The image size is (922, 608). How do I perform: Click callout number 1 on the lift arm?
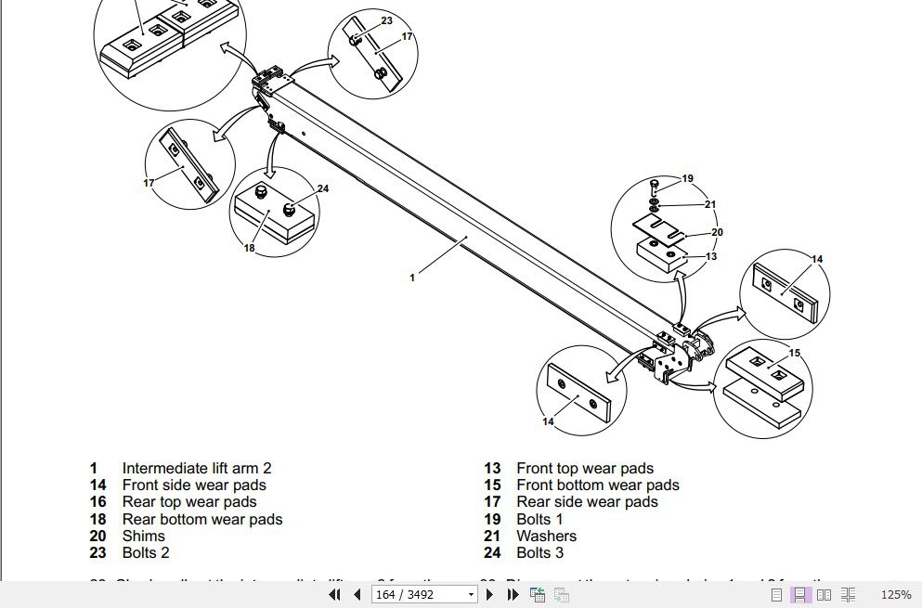click(x=412, y=277)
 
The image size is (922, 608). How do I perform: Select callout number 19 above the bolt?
click(x=687, y=178)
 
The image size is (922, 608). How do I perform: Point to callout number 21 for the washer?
click(x=710, y=204)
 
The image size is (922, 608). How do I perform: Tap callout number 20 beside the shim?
click(x=717, y=232)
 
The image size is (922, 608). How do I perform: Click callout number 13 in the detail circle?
click(x=711, y=256)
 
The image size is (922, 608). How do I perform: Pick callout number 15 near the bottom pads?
click(x=794, y=353)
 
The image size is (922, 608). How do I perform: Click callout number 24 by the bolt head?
click(x=323, y=188)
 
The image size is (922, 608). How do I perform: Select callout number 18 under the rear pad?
click(x=249, y=248)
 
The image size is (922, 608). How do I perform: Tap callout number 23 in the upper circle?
click(x=386, y=20)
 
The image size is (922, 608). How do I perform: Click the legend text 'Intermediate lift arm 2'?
click(x=197, y=469)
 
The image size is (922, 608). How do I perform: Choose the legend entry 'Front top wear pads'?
click(x=585, y=469)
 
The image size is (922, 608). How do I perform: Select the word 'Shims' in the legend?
click(x=143, y=536)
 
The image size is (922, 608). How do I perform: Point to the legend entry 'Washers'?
click(x=546, y=536)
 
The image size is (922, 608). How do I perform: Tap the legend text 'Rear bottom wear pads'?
click(x=202, y=519)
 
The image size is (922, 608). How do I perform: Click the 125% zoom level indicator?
click(x=895, y=594)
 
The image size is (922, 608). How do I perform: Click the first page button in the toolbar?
click(x=335, y=594)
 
